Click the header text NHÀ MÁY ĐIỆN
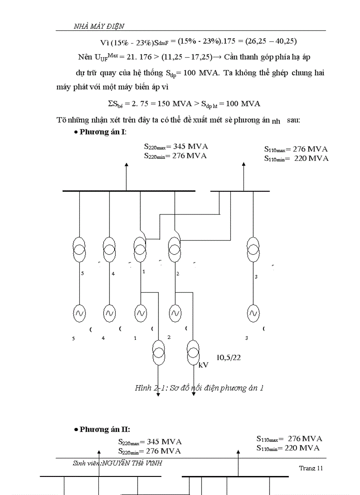101,26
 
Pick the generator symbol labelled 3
253,313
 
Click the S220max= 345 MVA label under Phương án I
176,147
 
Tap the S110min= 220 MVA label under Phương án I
296,158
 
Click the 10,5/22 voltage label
229,357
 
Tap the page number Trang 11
311,468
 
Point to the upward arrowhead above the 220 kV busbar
127,165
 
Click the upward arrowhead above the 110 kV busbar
243,164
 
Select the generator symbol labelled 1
140,313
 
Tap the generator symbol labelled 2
175,313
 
